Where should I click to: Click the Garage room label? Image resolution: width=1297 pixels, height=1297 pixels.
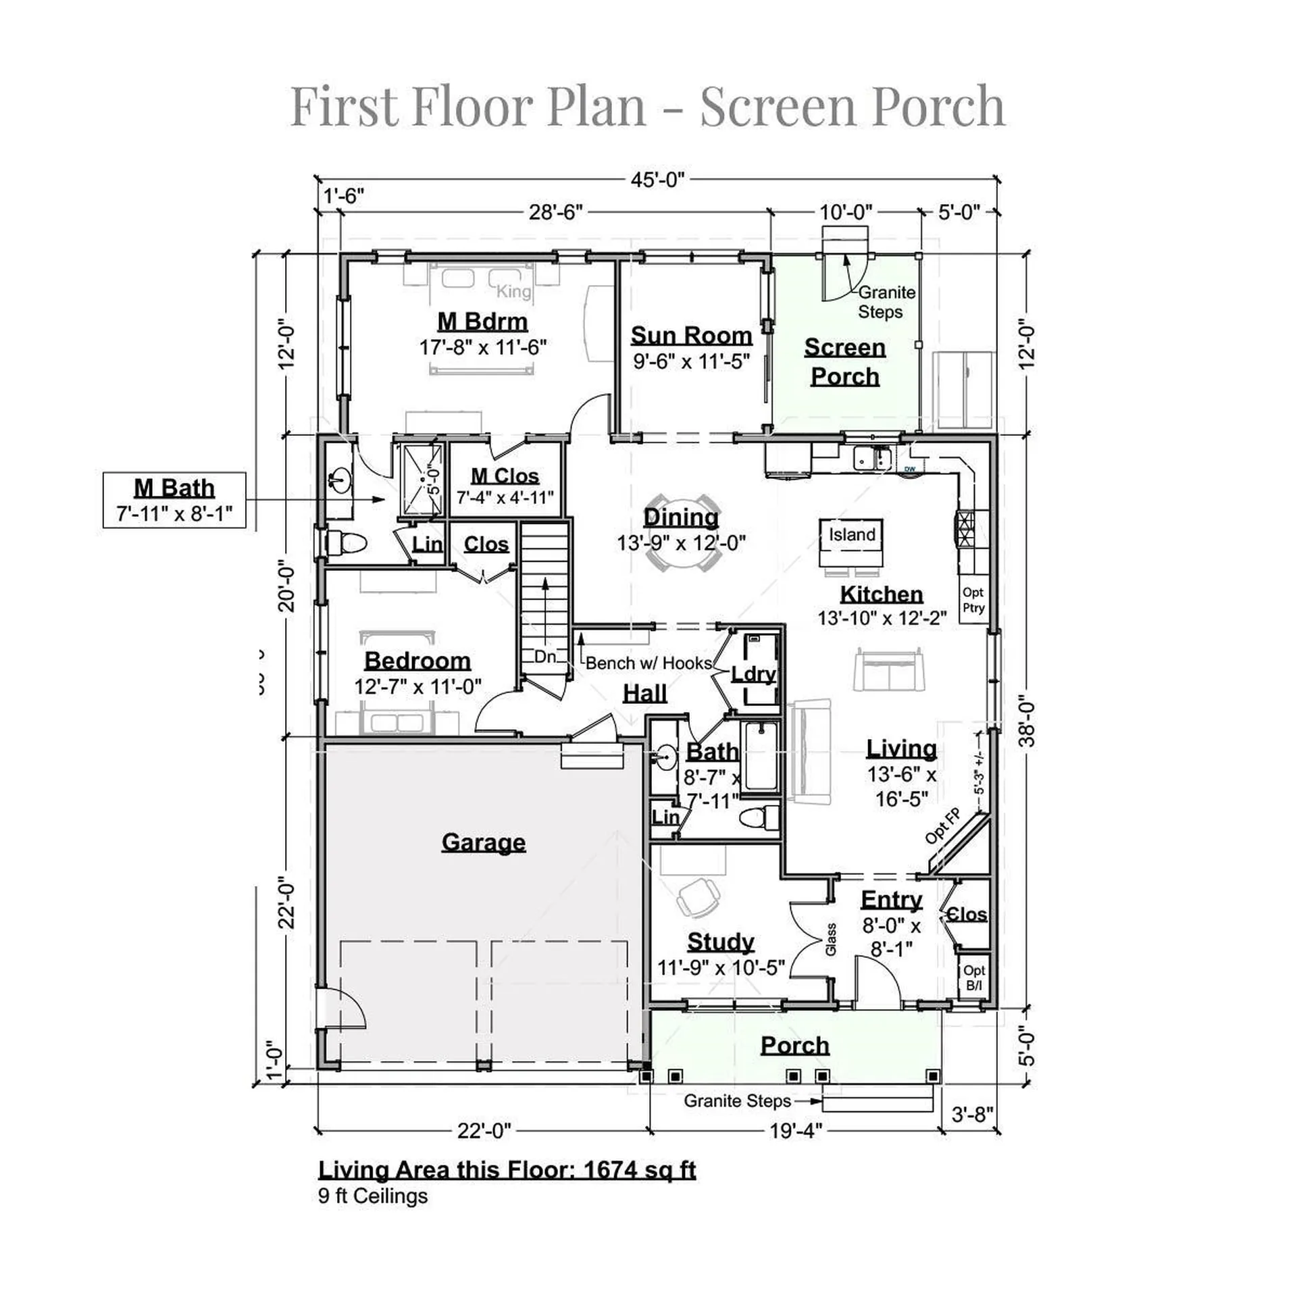pyautogui.click(x=483, y=842)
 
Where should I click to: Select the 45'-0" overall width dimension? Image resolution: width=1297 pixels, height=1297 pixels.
pyautogui.click(x=657, y=180)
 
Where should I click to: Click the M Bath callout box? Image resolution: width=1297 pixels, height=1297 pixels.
pyautogui.click(x=174, y=500)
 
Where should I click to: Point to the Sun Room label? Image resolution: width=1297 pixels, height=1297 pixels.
pyautogui.click(x=691, y=336)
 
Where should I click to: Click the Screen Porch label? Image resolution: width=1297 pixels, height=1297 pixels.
pyautogui.click(x=844, y=361)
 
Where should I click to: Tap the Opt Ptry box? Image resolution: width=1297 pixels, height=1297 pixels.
pyautogui.click(x=973, y=600)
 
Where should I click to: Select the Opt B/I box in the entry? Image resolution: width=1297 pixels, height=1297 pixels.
pyautogui.click(x=974, y=977)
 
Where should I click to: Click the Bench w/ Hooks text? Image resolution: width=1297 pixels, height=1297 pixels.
pyautogui.click(x=648, y=663)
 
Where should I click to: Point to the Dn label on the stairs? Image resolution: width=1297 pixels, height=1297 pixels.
pyautogui.click(x=544, y=657)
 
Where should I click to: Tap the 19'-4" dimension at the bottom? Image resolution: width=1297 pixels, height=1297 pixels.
pyautogui.click(x=795, y=1131)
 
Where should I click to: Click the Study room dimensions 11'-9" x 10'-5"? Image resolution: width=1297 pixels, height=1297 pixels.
pyautogui.click(x=721, y=968)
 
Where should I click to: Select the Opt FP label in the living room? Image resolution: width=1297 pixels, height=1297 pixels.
pyautogui.click(x=942, y=825)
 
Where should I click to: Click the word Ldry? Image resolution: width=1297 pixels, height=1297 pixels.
pyautogui.click(x=754, y=674)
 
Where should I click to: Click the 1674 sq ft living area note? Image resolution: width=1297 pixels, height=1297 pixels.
pyautogui.click(x=507, y=1169)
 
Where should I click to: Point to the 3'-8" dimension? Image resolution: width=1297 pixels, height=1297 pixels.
pyautogui.click(x=972, y=1114)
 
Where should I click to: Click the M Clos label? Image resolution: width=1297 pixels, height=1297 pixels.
pyautogui.click(x=505, y=476)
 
